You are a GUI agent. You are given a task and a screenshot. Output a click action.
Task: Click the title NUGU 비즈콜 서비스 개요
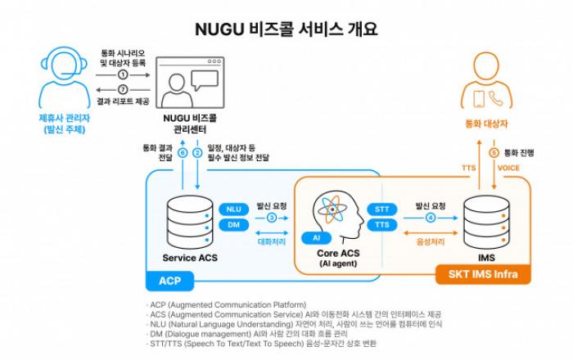286,29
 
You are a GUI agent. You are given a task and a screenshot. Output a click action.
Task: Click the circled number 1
124,74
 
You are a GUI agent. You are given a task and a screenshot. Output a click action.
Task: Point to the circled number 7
124,89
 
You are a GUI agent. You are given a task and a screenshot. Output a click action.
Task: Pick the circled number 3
272,218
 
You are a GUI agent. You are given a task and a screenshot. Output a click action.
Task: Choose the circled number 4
431,218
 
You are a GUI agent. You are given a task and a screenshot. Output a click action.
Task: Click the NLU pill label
233,209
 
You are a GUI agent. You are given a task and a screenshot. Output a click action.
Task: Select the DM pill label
233,224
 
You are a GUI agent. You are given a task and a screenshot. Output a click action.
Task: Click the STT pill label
381,209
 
